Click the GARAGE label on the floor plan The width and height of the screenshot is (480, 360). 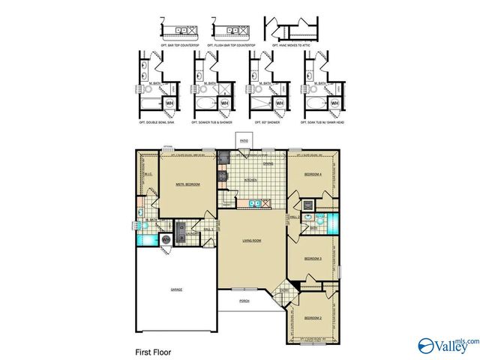click(x=175, y=289)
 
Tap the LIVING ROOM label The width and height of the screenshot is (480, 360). click(x=250, y=241)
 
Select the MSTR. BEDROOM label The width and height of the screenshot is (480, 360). click(x=187, y=184)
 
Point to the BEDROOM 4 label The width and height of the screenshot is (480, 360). click(x=313, y=174)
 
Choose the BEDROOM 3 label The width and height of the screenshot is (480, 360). click(x=313, y=259)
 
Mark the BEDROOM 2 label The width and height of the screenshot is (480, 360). click(x=313, y=318)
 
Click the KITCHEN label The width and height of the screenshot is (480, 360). click(x=251, y=181)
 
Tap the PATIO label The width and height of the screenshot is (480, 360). click(x=244, y=140)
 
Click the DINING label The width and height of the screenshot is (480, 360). click(x=267, y=163)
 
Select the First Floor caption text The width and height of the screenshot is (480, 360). click(x=154, y=351)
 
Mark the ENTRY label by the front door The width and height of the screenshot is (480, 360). click(x=283, y=290)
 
